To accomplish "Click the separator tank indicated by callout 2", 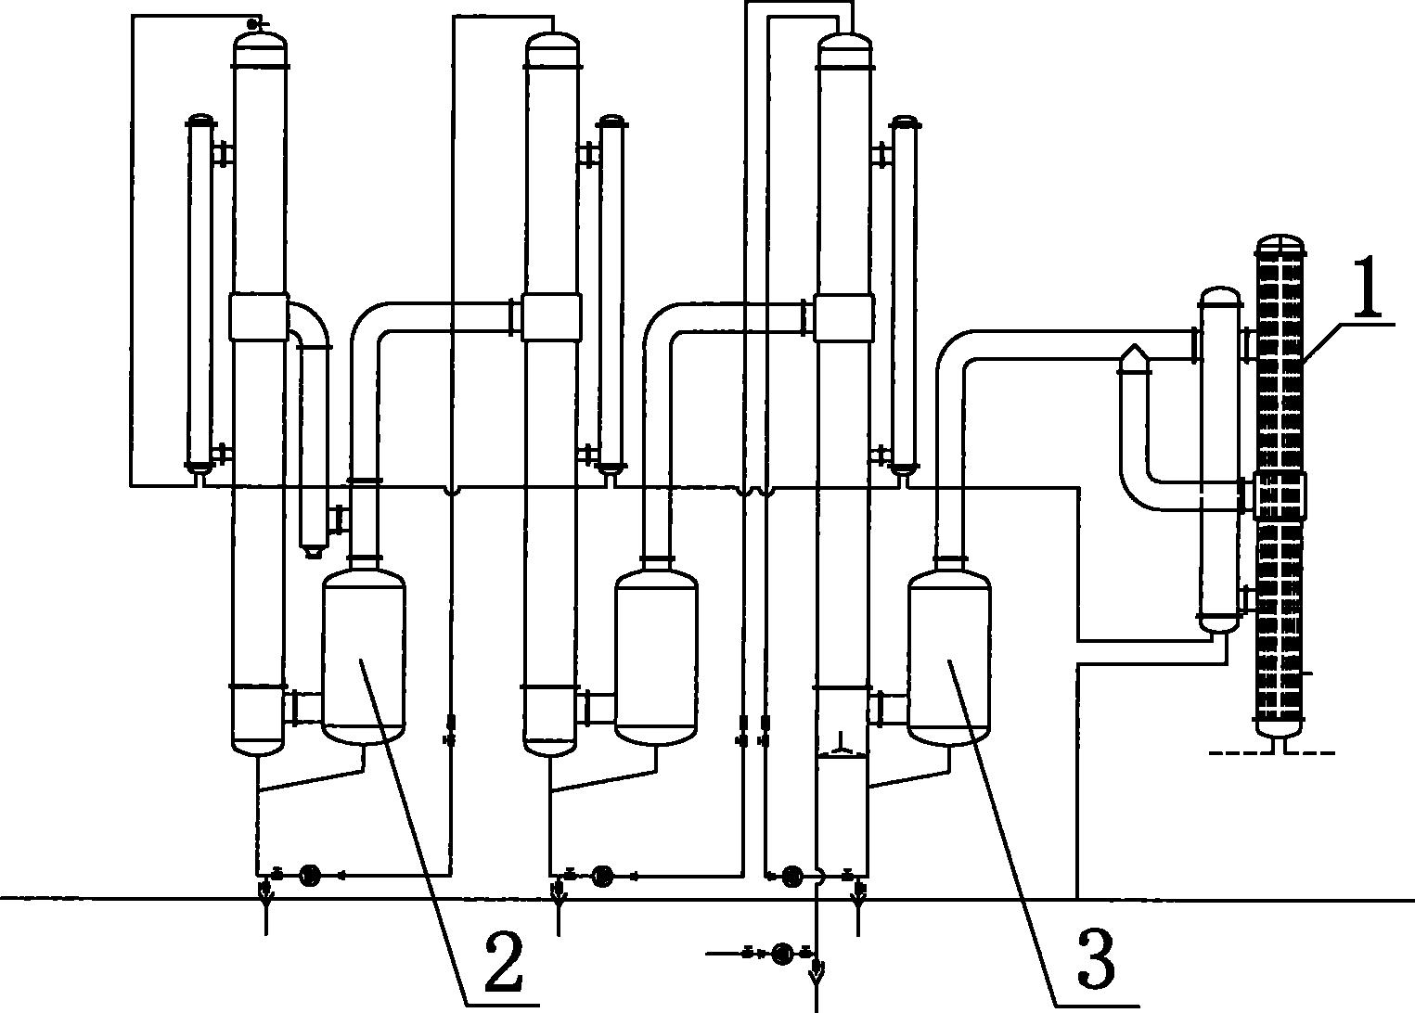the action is point(363,656).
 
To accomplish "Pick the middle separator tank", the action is point(656,656).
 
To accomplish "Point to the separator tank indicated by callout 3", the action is point(949,656).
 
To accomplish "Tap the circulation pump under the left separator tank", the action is point(310,876).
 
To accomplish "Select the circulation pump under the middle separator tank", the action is point(602,876).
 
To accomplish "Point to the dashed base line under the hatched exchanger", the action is point(1271,753).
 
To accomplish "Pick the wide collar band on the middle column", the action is point(551,317).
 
